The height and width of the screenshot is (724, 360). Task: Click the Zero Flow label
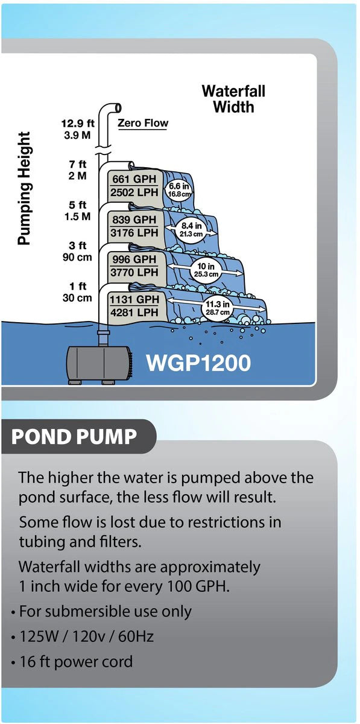(143, 123)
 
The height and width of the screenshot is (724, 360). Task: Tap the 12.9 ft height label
(78, 123)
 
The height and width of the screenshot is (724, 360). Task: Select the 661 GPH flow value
(134, 179)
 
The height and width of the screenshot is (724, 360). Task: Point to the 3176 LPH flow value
(134, 232)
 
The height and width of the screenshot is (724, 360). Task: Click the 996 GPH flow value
(134, 259)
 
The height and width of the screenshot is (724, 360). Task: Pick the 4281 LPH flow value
(134, 313)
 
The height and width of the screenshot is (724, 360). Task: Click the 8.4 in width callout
(191, 229)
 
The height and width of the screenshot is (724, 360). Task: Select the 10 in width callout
(206, 270)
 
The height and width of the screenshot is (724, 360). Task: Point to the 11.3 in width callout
(218, 308)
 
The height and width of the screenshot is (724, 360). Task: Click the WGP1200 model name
(198, 363)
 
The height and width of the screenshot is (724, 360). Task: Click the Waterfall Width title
(233, 99)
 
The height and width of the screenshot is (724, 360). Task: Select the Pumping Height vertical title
(24, 188)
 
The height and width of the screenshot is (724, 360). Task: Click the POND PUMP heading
(74, 436)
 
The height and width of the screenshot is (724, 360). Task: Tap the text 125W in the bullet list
(39, 636)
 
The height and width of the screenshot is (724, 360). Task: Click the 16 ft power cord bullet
(76, 662)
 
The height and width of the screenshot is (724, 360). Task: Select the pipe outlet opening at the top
(118, 107)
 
